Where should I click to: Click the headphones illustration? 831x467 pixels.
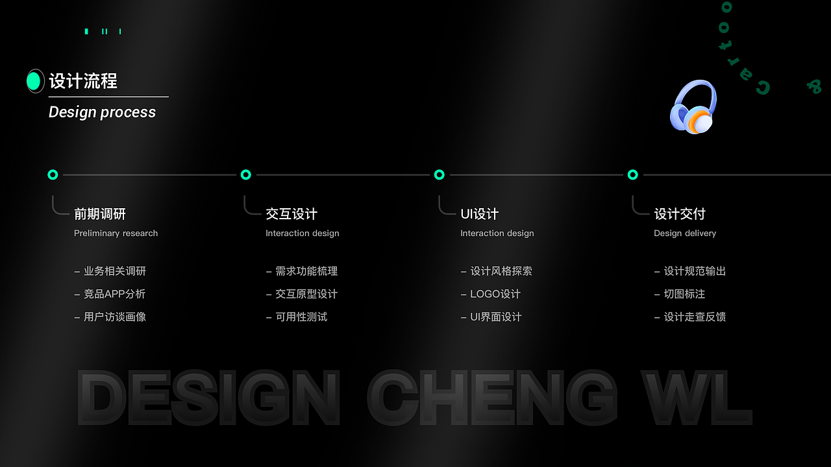point(693,107)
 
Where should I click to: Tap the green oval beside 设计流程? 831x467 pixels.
point(34,81)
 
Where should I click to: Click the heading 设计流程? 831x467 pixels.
point(83,81)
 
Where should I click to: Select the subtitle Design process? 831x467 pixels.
point(102,112)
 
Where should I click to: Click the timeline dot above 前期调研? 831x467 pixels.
point(53,174)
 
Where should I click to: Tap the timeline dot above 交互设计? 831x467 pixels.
point(245,174)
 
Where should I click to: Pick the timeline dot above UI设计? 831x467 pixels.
point(439,174)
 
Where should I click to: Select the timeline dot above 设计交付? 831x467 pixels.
point(632,174)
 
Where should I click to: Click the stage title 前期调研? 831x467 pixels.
point(100,214)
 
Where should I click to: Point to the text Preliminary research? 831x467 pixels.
point(116,233)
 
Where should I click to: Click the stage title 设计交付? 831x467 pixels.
point(679,214)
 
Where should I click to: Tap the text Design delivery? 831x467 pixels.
point(685,233)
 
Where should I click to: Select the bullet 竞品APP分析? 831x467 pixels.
point(114,294)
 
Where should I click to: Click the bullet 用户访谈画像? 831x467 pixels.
point(114,317)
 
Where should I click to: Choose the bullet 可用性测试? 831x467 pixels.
point(301,317)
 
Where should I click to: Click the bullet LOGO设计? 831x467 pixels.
point(495,294)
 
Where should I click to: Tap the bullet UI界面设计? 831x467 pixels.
point(496,317)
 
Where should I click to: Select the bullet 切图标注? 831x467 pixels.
point(684,294)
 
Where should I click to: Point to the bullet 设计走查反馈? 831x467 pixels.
point(695,317)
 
